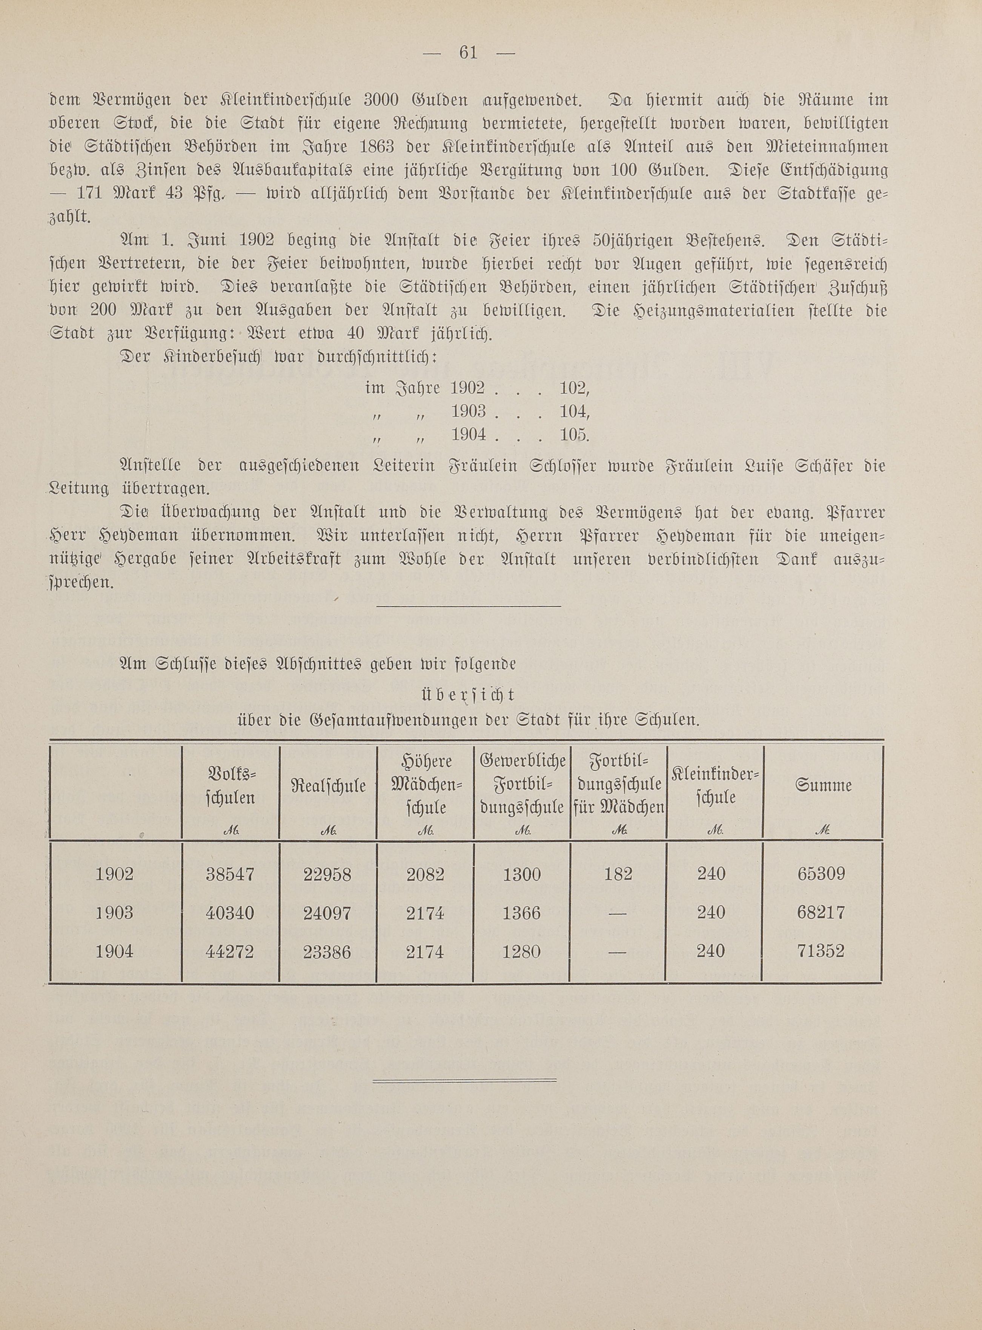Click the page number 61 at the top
pos(469,52)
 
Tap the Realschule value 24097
pos(327,913)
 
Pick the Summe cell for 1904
pos(821,951)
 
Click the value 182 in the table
pos(617,874)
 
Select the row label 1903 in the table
pos(115,913)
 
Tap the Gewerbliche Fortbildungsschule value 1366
pos(521,913)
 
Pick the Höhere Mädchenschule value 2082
pos(425,874)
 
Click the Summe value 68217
pos(821,913)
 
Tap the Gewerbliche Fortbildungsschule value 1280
pos(521,951)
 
